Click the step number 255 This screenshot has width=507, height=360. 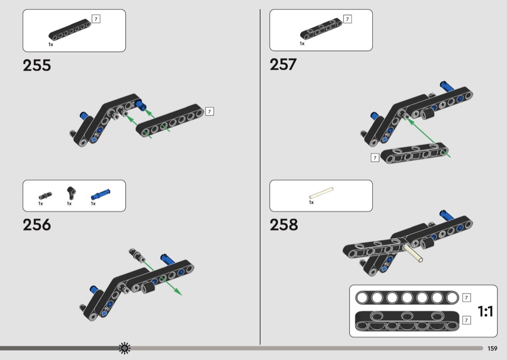[x=37, y=65]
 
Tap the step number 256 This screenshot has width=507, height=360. [x=37, y=224]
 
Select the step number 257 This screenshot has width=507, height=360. [x=283, y=64]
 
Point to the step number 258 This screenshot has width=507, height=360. [x=284, y=224]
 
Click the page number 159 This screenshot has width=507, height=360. [x=493, y=348]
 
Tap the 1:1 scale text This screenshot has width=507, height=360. [x=486, y=312]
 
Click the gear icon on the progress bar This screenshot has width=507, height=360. [x=125, y=348]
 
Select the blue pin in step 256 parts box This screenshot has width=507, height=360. [x=100, y=194]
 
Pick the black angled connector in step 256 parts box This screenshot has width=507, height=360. [x=71, y=193]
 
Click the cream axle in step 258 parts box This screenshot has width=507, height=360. [x=321, y=193]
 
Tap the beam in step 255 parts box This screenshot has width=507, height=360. [x=70, y=30]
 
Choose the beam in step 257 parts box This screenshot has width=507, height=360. [x=321, y=29]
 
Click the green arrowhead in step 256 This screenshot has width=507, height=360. [x=178, y=291]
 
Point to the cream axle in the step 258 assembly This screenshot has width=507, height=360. [x=413, y=253]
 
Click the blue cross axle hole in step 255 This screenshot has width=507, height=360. [x=94, y=139]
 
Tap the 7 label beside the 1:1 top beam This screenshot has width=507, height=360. [x=466, y=297]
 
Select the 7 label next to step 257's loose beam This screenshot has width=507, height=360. [x=375, y=158]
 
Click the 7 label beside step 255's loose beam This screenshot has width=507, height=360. [x=210, y=111]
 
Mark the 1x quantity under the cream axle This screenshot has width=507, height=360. [x=311, y=202]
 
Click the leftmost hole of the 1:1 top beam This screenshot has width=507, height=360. [x=362, y=298]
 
